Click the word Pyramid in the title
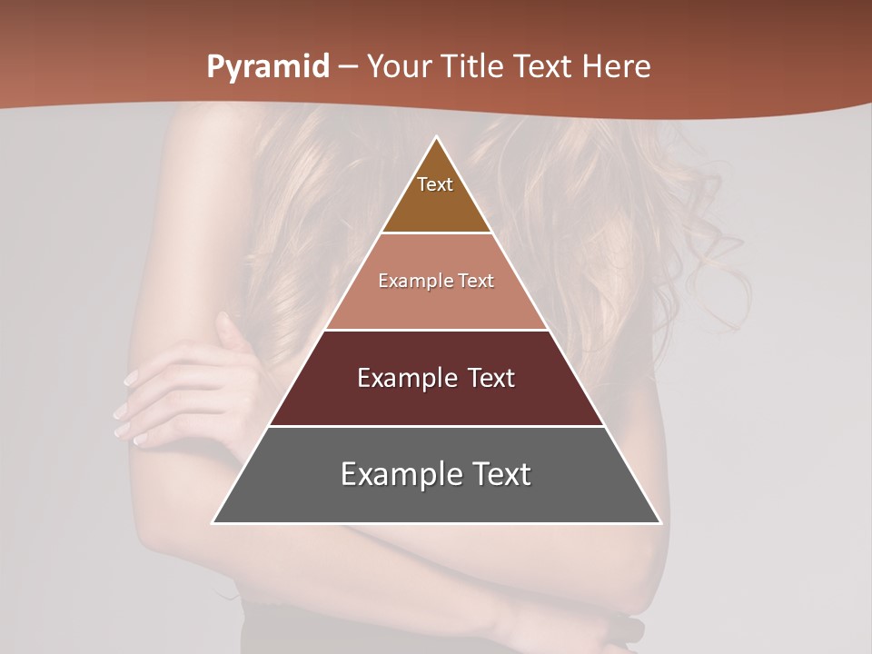(x=268, y=67)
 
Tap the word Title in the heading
(x=474, y=66)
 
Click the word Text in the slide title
(x=545, y=66)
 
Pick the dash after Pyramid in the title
(x=348, y=67)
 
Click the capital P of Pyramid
(x=215, y=66)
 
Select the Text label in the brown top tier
(x=435, y=184)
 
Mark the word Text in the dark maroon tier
(x=491, y=378)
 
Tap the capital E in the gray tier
(x=349, y=474)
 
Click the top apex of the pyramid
(x=437, y=138)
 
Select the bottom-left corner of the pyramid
(x=213, y=522)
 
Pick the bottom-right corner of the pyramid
(x=660, y=522)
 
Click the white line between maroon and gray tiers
(x=437, y=426)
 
